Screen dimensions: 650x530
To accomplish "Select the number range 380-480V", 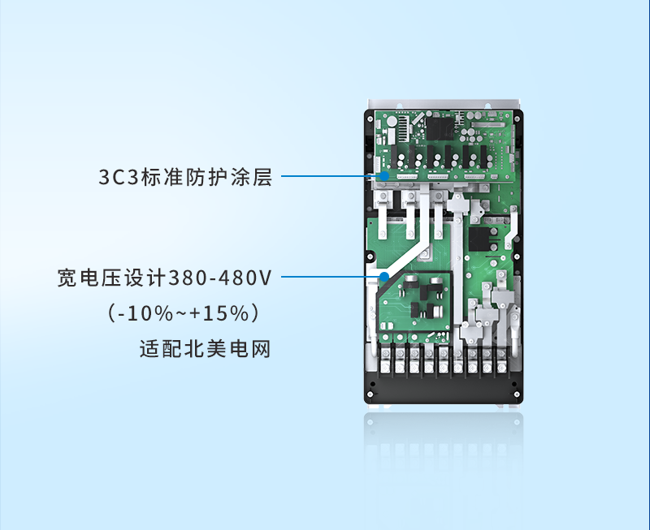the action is click(x=220, y=278).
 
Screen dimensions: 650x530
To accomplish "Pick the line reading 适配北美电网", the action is click(x=206, y=349).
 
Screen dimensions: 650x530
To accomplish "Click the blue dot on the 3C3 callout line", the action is click(x=384, y=176).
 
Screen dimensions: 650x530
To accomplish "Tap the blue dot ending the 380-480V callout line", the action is click(x=384, y=277).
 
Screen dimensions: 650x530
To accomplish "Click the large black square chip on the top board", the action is click(x=440, y=129).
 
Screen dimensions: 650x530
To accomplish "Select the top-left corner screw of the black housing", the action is click(x=370, y=118).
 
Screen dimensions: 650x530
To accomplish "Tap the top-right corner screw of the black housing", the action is click(x=517, y=119).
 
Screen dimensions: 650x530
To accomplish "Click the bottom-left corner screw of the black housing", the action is click(x=370, y=394).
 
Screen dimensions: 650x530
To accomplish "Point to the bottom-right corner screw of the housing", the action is click(x=517, y=394).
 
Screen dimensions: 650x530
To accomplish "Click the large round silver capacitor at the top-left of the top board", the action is click(x=392, y=122).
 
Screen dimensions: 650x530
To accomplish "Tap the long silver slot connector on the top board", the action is click(x=487, y=124).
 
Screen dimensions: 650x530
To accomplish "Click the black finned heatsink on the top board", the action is click(x=404, y=126).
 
